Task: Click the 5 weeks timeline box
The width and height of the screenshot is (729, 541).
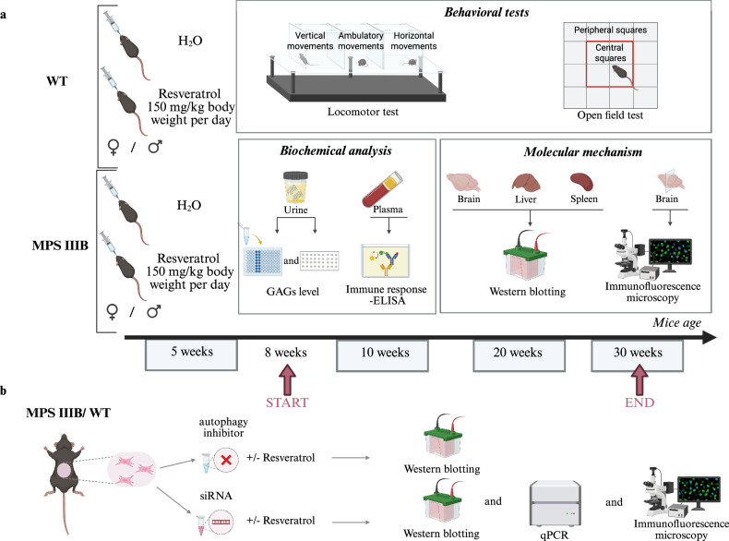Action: [x=192, y=355]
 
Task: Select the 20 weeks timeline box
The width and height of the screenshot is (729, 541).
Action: [x=519, y=355]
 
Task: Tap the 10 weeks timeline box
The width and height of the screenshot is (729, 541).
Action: [x=382, y=355]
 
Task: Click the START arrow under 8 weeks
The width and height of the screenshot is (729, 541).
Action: [x=287, y=379]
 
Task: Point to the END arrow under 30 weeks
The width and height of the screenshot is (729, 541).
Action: [x=639, y=379]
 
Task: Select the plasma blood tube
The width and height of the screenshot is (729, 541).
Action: [x=383, y=190]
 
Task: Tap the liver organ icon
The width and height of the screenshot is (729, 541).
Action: [x=526, y=182]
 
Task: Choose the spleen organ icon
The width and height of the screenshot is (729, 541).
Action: [x=581, y=182]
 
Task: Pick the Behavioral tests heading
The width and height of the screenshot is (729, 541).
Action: [x=486, y=12]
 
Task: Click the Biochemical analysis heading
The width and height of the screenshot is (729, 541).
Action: [x=336, y=150]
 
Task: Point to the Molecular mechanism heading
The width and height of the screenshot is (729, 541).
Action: [x=583, y=151]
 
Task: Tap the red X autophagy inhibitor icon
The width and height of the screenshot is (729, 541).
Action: [x=226, y=461]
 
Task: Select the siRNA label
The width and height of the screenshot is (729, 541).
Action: [x=216, y=496]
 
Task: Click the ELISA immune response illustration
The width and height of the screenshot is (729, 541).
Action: [x=386, y=261]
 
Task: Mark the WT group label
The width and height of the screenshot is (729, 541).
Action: [x=56, y=81]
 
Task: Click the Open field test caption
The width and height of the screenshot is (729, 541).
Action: [x=610, y=114]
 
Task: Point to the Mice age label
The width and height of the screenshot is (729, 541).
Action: [x=676, y=323]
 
